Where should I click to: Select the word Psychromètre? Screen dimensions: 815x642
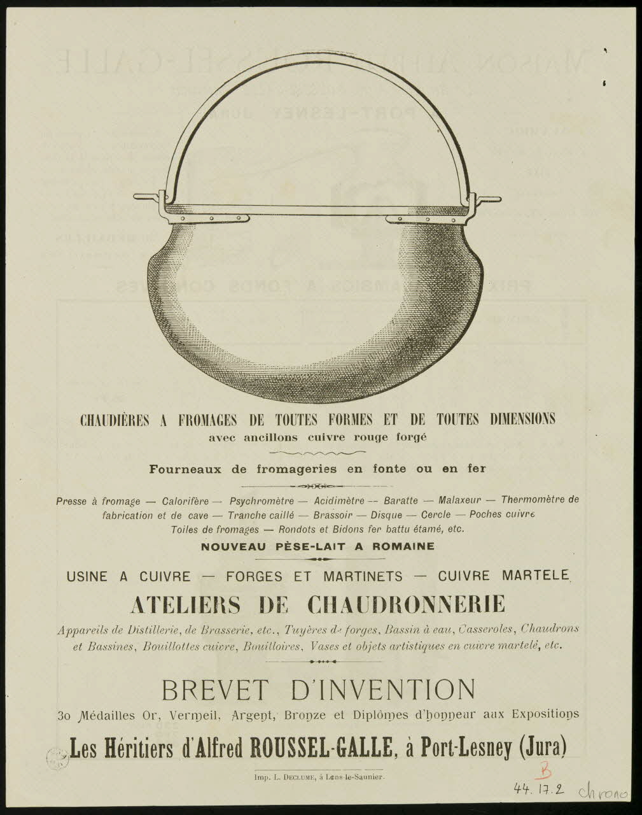(x=262, y=500)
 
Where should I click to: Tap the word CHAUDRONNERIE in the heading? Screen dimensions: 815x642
(x=406, y=604)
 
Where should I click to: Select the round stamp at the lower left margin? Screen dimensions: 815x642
(x=57, y=758)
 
